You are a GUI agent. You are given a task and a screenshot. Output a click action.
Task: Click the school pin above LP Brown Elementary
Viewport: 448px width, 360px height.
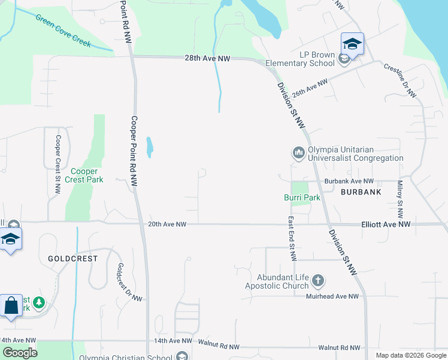pyautogui.click(x=352, y=44)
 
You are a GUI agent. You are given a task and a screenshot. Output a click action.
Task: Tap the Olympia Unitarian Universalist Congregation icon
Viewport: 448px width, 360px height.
pyautogui.click(x=298, y=153)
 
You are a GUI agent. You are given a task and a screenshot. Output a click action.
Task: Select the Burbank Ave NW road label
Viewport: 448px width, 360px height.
pyautogui.click(x=349, y=181)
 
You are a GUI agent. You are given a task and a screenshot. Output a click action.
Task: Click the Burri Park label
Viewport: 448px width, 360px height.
pyautogui.click(x=302, y=197)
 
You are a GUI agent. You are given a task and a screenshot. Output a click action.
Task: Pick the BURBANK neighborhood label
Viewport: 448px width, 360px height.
pyautogui.click(x=361, y=193)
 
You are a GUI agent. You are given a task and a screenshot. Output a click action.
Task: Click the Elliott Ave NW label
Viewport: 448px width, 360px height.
pyautogui.click(x=386, y=224)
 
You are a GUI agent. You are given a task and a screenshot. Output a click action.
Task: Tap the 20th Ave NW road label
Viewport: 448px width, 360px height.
pyautogui.click(x=167, y=224)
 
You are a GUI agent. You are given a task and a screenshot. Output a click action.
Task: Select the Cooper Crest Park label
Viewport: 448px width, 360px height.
pyautogui.click(x=84, y=175)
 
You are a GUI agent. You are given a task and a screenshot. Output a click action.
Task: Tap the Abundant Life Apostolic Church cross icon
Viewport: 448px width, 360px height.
pyautogui.click(x=318, y=280)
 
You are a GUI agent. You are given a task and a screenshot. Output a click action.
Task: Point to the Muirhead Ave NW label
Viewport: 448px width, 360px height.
pyautogui.click(x=332, y=296)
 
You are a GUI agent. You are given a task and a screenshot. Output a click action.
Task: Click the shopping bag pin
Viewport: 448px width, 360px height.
pyautogui.click(x=11, y=306)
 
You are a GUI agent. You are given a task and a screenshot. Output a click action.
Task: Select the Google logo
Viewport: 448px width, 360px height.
pyautogui.click(x=19, y=353)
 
